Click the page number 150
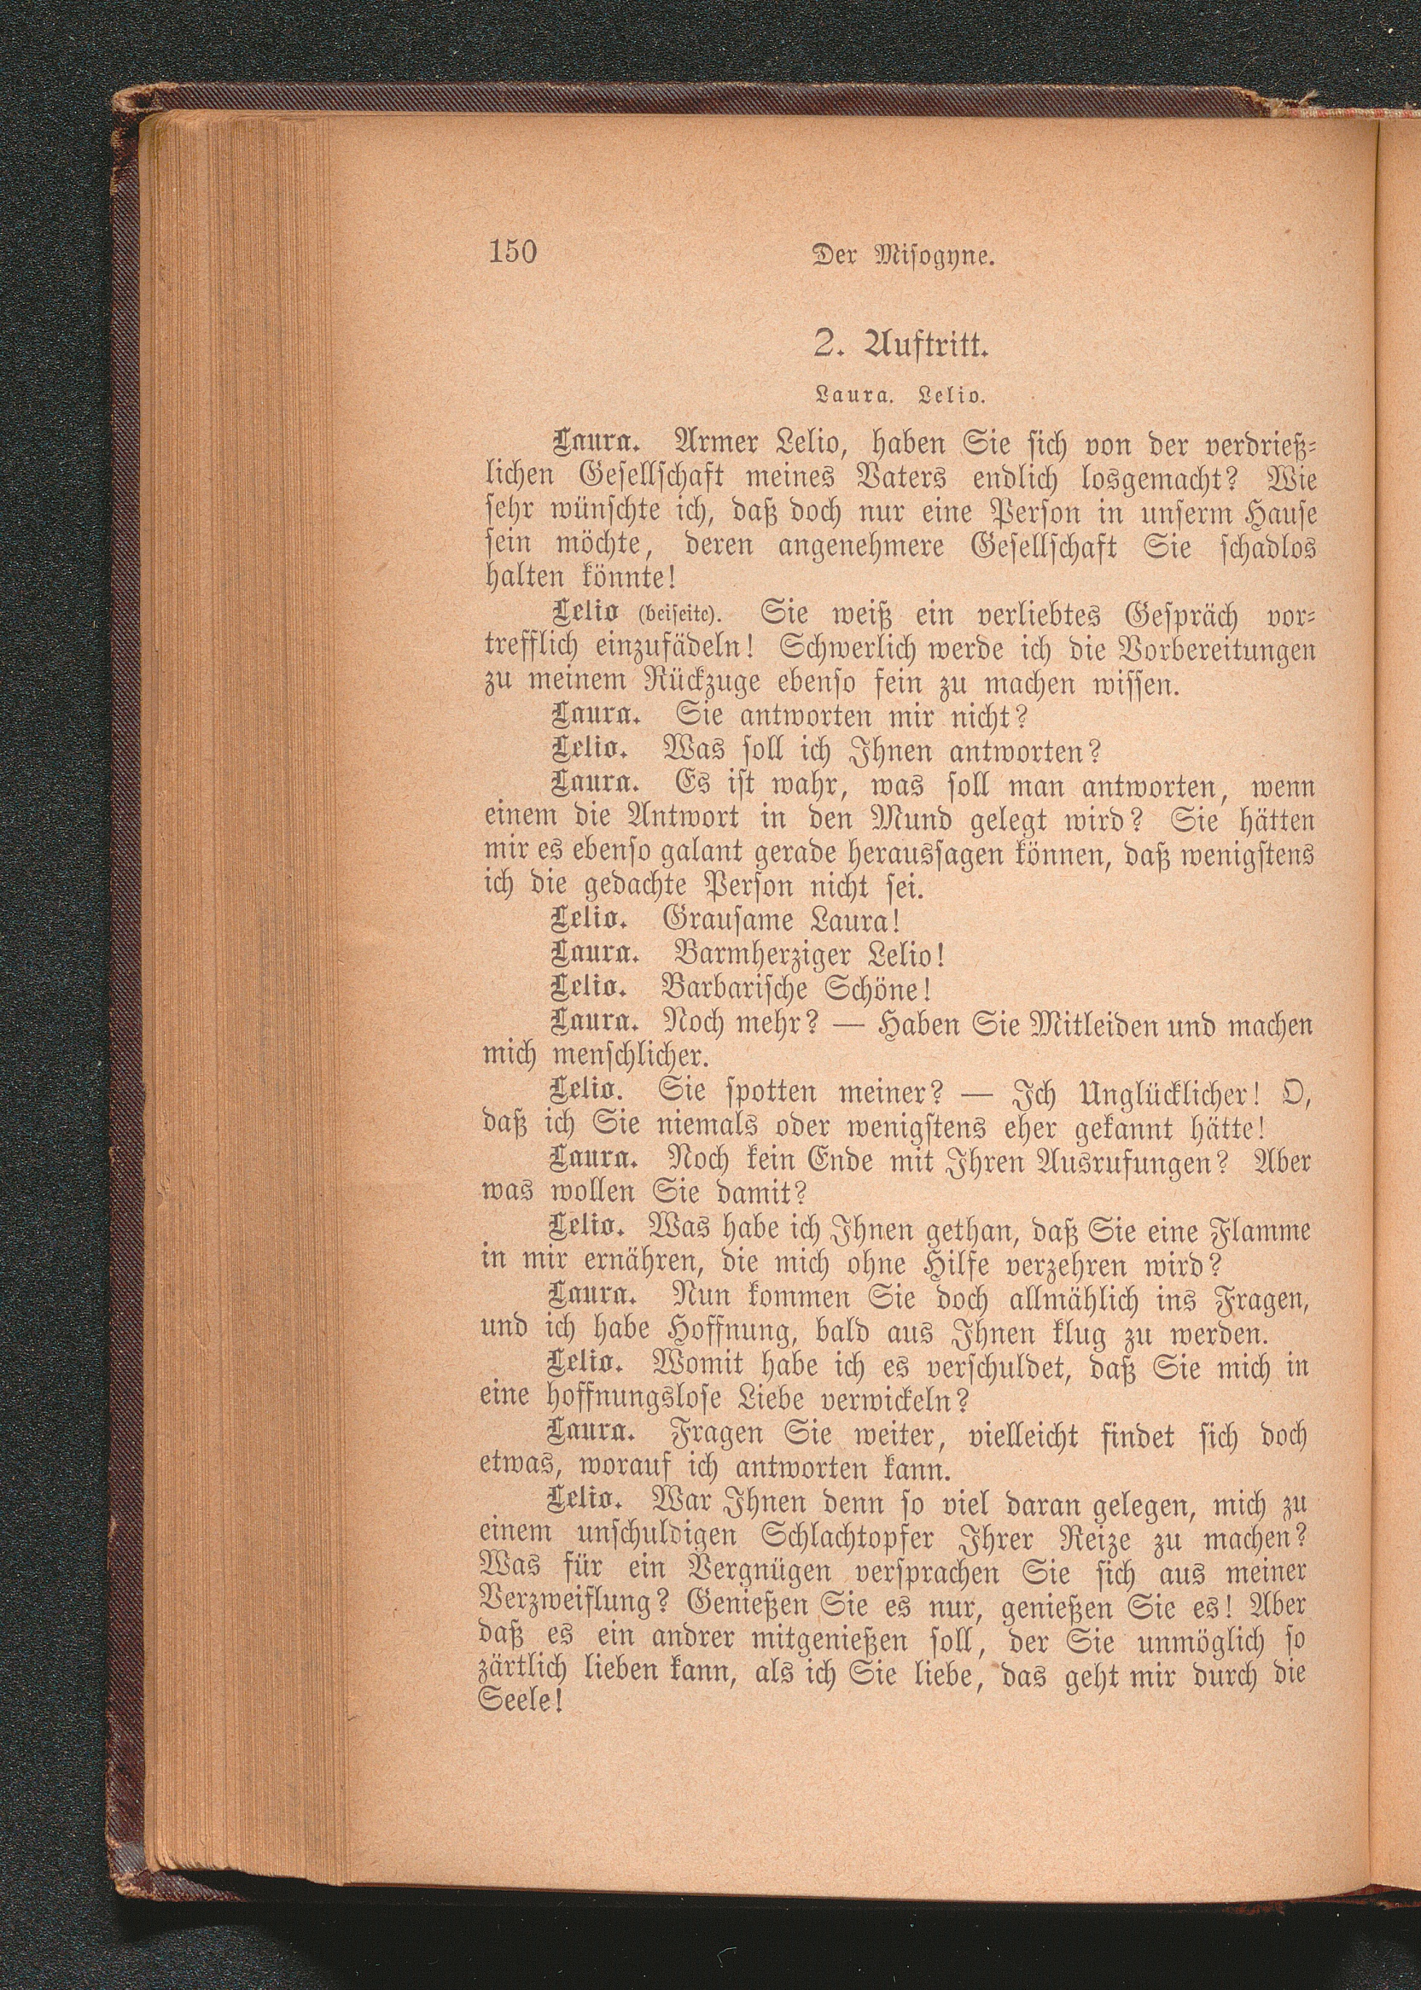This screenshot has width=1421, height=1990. coord(508,252)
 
